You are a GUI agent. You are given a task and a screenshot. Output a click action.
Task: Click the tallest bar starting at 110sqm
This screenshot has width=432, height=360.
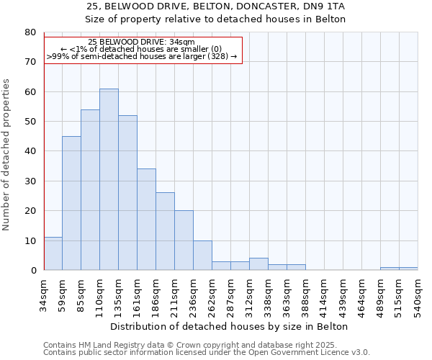tap(109, 179)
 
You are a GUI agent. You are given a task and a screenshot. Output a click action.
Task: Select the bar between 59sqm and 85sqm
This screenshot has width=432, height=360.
tap(71, 203)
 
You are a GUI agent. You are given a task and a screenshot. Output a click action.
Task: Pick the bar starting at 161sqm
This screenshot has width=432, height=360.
tap(146, 220)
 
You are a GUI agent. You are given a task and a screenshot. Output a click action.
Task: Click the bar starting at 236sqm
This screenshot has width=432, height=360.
tap(202, 256)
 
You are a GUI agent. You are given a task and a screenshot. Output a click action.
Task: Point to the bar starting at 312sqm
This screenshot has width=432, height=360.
tap(258, 264)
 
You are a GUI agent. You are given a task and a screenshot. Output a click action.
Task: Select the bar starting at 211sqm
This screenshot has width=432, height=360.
tap(184, 240)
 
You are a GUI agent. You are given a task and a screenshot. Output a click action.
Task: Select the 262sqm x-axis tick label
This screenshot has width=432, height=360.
tap(212, 294)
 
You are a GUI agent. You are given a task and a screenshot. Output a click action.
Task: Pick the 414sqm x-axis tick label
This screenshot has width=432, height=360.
tap(324, 294)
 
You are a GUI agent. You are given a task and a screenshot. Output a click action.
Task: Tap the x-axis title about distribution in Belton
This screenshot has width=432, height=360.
tap(230, 326)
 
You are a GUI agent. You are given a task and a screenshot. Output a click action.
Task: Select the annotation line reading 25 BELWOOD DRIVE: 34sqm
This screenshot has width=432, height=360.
tap(142, 42)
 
